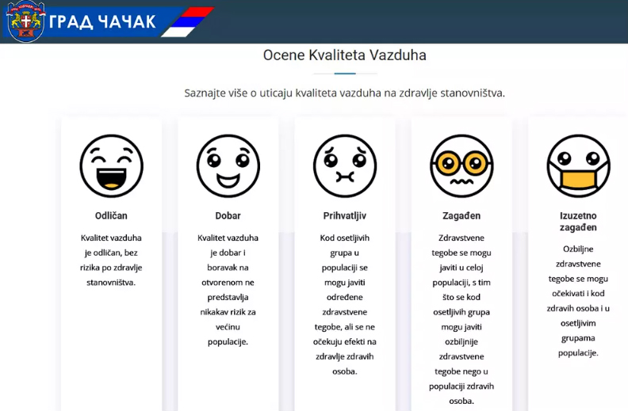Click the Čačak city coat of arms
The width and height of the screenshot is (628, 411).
(x=26, y=21)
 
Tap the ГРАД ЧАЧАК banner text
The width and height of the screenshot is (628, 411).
(x=102, y=21)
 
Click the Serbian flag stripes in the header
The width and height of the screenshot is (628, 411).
(x=187, y=22)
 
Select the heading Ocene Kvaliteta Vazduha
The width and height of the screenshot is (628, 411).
(x=344, y=55)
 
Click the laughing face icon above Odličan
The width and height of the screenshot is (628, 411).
(x=111, y=166)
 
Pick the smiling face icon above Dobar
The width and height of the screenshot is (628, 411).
(x=228, y=166)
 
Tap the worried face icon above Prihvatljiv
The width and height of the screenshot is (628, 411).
(x=345, y=166)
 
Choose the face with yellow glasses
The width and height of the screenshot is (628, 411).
(x=461, y=166)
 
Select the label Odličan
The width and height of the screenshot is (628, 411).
(x=111, y=216)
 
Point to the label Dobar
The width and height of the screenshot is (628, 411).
(x=228, y=216)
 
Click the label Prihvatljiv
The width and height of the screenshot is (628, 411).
(x=345, y=216)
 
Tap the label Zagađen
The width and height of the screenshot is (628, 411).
(x=461, y=216)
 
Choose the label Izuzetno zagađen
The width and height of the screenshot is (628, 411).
(x=578, y=222)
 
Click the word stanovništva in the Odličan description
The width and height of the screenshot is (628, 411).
(x=111, y=283)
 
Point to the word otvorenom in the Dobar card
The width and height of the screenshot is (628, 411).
(x=228, y=283)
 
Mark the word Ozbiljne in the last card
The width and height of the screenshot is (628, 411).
(x=578, y=249)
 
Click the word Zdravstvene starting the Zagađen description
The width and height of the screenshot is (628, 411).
(x=461, y=238)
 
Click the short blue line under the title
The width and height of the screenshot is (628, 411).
(x=345, y=74)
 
